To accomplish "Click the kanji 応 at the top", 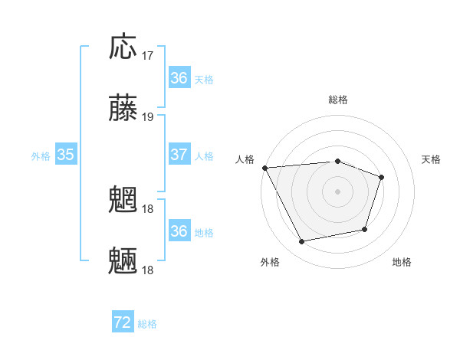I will (x=123, y=47).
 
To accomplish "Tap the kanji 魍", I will (x=123, y=201).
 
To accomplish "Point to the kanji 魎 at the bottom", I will (x=123, y=261).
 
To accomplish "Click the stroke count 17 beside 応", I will (x=148, y=56).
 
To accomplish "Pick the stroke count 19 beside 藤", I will (x=148, y=117).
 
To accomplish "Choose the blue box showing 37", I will (x=179, y=155).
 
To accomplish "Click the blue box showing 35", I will (x=65, y=155).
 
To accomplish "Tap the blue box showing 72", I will (x=123, y=323).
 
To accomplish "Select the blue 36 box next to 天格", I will (x=179, y=78).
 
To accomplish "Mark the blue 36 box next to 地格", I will (x=179, y=231).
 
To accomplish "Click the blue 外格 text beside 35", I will (x=41, y=155).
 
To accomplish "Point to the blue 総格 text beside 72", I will (x=147, y=324).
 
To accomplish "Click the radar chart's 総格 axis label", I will (x=338, y=100).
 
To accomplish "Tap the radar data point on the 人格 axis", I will (x=264, y=168).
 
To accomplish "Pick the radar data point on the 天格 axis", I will (x=382, y=177).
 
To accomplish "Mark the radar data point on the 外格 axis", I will (x=302, y=242).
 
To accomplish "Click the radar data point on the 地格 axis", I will (x=366, y=229).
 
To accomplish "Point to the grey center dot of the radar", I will (x=338, y=191).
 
